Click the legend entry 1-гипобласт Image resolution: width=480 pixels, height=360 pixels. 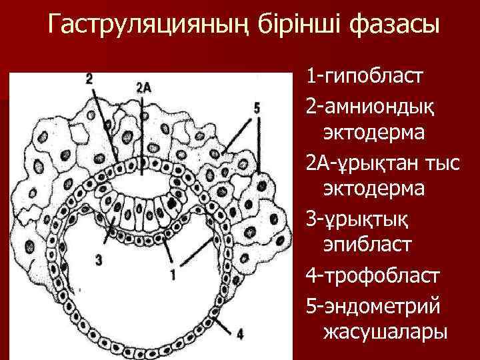364,75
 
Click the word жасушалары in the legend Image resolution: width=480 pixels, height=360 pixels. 386,331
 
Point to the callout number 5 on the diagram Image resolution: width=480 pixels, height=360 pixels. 257,108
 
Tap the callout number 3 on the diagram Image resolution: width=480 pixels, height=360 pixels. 98,259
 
